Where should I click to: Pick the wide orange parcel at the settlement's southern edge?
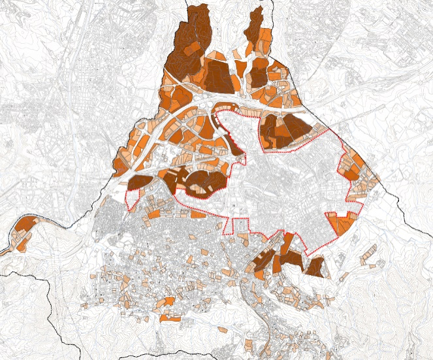tap(170, 318)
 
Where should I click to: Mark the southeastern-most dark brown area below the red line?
tap(316, 267)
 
